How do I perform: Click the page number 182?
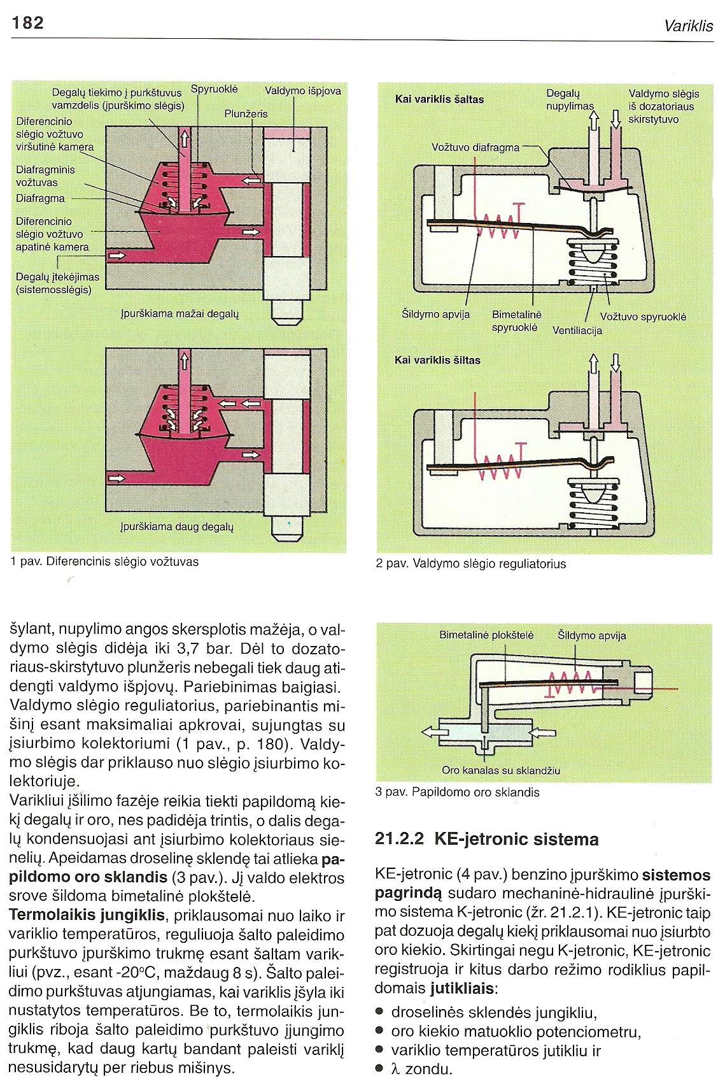click(x=27, y=23)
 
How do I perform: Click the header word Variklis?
click(x=689, y=26)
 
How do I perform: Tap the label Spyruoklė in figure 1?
click(x=215, y=89)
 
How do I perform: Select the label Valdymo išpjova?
click(x=302, y=91)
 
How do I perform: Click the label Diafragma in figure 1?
click(x=40, y=198)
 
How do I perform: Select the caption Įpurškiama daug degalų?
click(x=177, y=527)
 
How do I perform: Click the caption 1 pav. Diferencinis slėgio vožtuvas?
click(x=105, y=562)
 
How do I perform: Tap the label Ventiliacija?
click(x=577, y=331)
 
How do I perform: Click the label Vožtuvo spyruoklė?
click(x=643, y=317)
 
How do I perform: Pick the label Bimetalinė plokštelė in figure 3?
click(x=486, y=635)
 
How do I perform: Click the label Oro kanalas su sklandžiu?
click(x=501, y=770)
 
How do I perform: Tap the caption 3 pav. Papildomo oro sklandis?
click(x=458, y=792)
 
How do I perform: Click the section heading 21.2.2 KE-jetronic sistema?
click(x=487, y=839)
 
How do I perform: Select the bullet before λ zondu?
click(x=380, y=1068)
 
